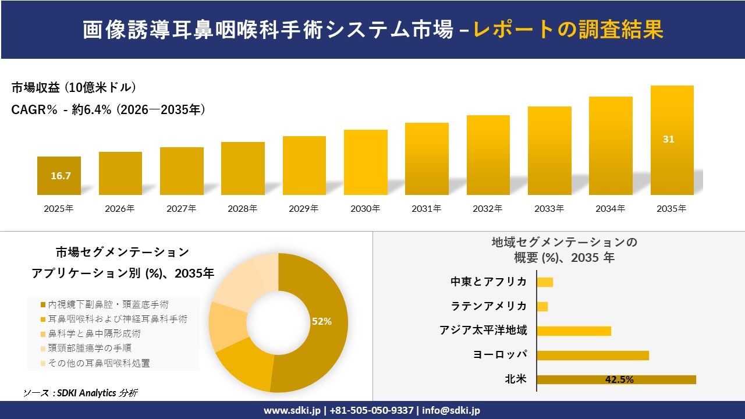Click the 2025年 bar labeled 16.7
pyautogui.click(x=59, y=175)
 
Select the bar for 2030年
pyautogui.click(x=366, y=162)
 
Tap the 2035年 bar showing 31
pyautogui.click(x=672, y=140)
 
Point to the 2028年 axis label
pyautogui.click(x=242, y=208)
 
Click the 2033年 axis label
pyautogui.click(x=549, y=208)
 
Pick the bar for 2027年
pyautogui.click(x=182, y=171)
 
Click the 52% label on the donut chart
pyautogui.click(x=321, y=321)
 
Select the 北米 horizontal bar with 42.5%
pyautogui.click(x=616, y=379)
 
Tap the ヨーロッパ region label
pyautogui.click(x=501, y=355)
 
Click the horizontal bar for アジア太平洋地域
pyautogui.click(x=573, y=331)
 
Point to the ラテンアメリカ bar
pyautogui.click(x=542, y=306)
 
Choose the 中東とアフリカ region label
pyautogui.click(x=488, y=282)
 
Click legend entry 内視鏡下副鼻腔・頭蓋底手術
pyautogui.click(x=108, y=304)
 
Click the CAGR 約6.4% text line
pyautogui.click(x=108, y=110)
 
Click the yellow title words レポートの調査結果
pyautogui.click(x=568, y=30)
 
